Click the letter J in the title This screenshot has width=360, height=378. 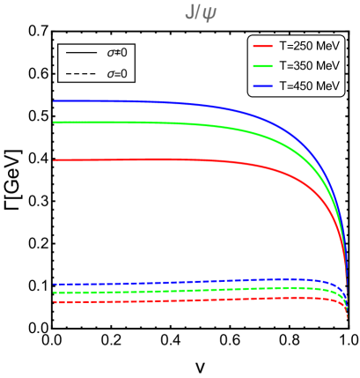click(x=188, y=13)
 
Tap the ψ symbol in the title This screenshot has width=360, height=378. click(x=209, y=14)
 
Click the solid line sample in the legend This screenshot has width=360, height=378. click(x=81, y=53)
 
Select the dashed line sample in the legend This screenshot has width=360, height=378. click(x=81, y=73)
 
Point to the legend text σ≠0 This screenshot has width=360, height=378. click(x=117, y=53)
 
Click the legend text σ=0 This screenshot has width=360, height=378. click(x=117, y=74)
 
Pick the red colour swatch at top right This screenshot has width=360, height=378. click(x=262, y=46)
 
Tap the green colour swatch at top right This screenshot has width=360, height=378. click(x=262, y=66)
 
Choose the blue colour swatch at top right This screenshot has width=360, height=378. click(x=262, y=85)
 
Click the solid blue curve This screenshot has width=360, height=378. click(x=176, y=103)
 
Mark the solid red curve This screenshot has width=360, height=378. click(x=176, y=159)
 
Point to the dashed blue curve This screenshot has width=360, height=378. click(x=176, y=283)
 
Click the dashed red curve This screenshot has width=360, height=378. click(x=176, y=300)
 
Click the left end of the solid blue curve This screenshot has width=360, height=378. click(x=55, y=100)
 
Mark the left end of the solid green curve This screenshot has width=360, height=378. click(x=55, y=122)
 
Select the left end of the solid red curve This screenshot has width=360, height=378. click(x=55, y=160)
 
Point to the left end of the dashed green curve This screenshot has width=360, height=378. click(x=55, y=292)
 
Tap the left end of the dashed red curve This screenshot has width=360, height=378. click(x=55, y=301)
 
